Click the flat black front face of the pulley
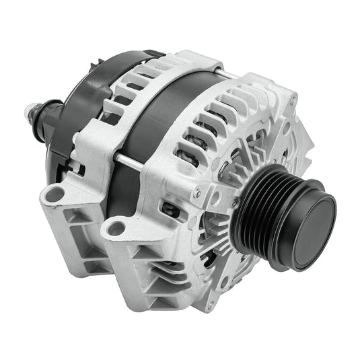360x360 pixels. (x=312, y=225)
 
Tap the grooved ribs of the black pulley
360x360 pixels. (x=266, y=209)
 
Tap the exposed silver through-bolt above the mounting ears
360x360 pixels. (x=127, y=160)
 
